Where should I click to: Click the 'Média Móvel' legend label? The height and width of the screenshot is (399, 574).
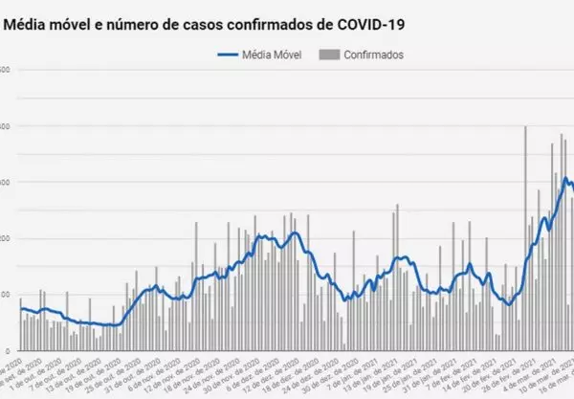[273, 55]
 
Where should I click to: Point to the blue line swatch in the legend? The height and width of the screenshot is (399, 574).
[227, 55]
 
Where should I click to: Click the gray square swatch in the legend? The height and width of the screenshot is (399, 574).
[330, 55]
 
